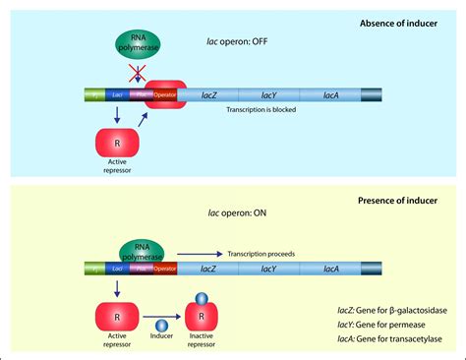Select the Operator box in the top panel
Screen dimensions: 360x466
tap(166, 95)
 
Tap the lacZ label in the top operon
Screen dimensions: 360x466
tap(209, 95)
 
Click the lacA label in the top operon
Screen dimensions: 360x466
tap(331, 95)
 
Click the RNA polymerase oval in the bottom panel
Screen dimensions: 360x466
tap(142, 253)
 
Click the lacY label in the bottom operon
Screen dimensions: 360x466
tap(268, 267)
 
